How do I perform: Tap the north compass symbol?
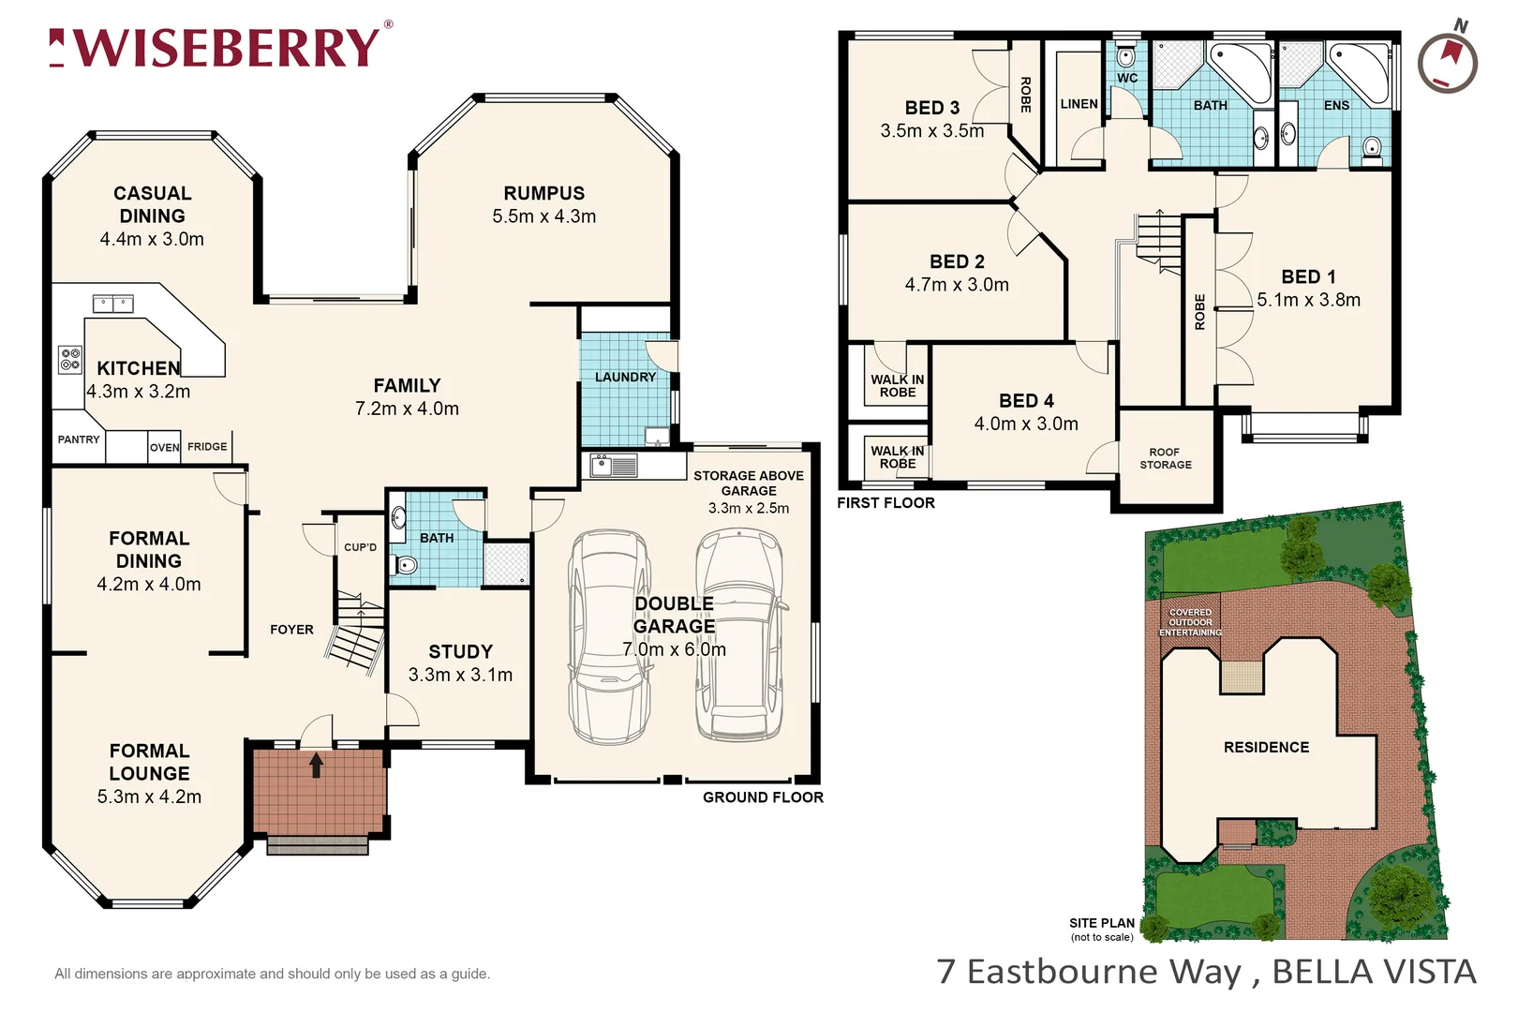coord(1447,62)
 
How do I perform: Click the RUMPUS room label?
coord(543,193)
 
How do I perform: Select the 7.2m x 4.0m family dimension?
coord(407,409)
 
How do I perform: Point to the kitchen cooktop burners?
coord(69,359)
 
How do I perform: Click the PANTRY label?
coord(79,439)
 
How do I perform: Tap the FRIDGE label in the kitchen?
coord(207,447)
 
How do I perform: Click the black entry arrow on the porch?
coord(317,765)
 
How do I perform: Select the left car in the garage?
coord(608,637)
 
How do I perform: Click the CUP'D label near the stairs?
coord(360,547)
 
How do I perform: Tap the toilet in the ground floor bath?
coord(406,565)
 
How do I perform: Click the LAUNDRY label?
coord(625,377)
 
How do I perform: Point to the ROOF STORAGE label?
coord(1166,458)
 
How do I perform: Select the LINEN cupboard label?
coord(1079,104)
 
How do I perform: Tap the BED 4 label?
coord(1026,400)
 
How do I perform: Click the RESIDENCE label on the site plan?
coord(1266,747)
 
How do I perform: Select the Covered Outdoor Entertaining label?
coord(1190,622)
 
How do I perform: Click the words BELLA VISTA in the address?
coord(1374,972)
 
